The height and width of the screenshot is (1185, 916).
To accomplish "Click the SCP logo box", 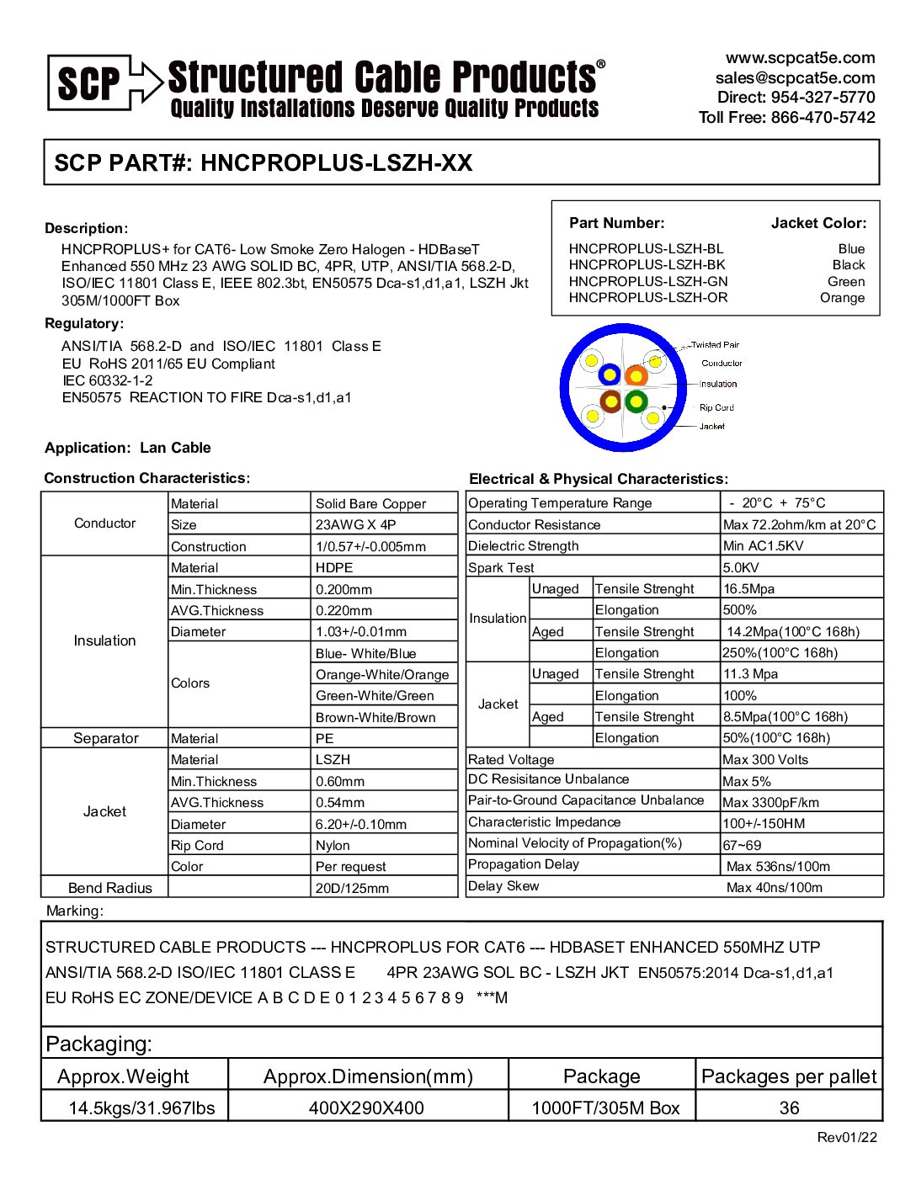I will [x=89, y=82].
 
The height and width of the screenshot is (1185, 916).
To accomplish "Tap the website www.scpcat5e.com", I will [x=800, y=58].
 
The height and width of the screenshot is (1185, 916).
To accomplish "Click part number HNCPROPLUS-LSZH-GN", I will [x=648, y=281].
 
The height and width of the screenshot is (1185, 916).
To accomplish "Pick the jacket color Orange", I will [x=842, y=298].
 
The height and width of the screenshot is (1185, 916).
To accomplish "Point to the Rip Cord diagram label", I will [x=716, y=407].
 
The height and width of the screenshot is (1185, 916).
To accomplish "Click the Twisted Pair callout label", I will [x=715, y=344].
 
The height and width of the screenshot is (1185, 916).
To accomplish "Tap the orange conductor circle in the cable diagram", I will [x=636, y=375].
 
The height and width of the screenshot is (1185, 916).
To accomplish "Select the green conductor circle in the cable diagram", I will [x=636, y=401].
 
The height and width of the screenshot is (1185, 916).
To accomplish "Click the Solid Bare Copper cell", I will [x=370, y=504].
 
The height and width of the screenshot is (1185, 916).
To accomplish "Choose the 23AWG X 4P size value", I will [x=355, y=524].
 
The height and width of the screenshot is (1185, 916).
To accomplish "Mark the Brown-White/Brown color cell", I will [x=375, y=718].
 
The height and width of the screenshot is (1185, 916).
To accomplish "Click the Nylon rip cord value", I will [x=333, y=846].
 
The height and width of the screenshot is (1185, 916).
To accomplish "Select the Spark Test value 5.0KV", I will [x=741, y=568].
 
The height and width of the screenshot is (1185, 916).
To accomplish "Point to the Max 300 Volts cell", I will [x=765, y=760].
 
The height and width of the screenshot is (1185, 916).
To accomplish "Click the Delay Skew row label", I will [x=503, y=886].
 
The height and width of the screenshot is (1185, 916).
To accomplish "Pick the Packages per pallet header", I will [x=789, y=1076].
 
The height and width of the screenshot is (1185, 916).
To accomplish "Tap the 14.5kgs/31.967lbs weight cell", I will [x=141, y=1108].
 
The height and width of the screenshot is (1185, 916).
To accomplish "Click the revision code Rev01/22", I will [x=847, y=1138].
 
